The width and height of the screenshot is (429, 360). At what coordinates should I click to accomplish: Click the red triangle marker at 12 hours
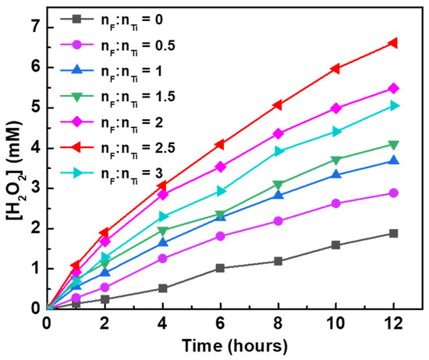[394, 43]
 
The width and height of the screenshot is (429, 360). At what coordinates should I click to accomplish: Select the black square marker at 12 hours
[394, 233]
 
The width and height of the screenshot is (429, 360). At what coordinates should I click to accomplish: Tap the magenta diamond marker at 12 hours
[394, 88]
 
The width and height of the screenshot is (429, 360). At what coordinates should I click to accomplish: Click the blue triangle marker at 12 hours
[394, 161]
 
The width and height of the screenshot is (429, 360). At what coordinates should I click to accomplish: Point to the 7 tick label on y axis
[34, 27]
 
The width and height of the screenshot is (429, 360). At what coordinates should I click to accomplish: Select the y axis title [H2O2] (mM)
[13, 167]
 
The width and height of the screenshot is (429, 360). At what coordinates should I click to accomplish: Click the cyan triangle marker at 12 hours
[394, 105]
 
